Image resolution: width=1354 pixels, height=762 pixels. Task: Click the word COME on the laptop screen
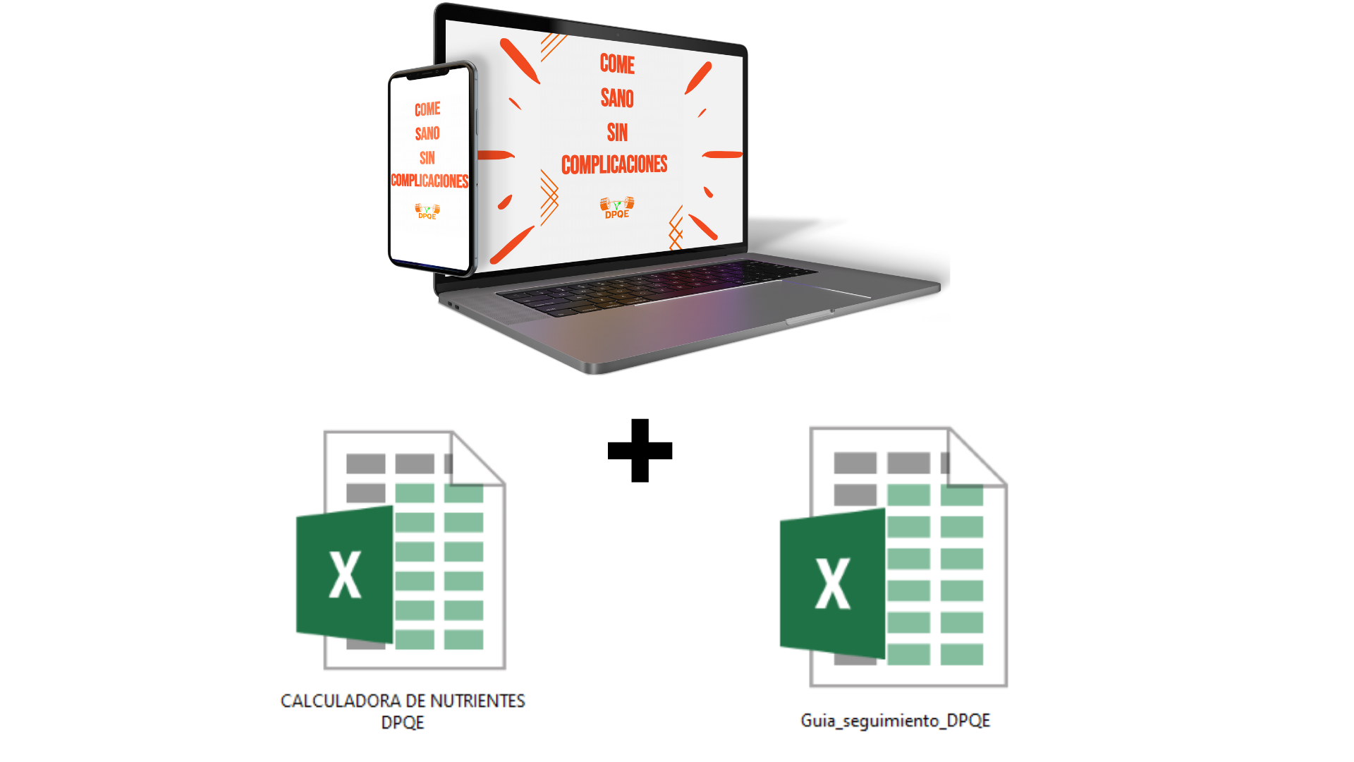pyautogui.click(x=617, y=64)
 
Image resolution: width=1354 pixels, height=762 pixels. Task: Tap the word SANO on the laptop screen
pyautogui.click(x=617, y=98)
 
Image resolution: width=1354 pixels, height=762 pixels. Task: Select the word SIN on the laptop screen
pyautogui.click(x=617, y=132)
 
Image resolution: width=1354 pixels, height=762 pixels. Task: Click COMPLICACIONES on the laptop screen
pyautogui.click(x=614, y=165)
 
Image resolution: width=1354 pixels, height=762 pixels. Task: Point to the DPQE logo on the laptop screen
pyautogui.click(x=617, y=207)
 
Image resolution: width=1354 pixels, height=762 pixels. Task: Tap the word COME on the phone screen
pyautogui.click(x=427, y=109)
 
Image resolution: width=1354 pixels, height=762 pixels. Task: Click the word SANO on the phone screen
pyautogui.click(x=427, y=133)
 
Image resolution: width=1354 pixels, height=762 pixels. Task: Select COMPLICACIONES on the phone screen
pyautogui.click(x=429, y=181)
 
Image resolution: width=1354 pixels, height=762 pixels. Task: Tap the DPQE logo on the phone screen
pyautogui.click(x=427, y=211)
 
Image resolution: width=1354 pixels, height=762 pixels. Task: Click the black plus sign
pyautogui.click(x=640, y=450)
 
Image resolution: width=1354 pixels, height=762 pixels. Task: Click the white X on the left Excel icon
pyautogui.click(x=345, y=575)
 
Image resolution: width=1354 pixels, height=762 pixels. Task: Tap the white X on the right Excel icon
pyautogui.click(x=832, y=583)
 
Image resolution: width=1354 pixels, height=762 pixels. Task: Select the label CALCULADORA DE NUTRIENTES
pyautogui.click(x=403, y=701)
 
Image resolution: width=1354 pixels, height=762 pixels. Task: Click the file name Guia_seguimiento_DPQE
pyautogui.click(x=895, y=720)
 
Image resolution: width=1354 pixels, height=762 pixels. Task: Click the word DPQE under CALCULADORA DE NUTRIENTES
pyautogui.click(x=403, y=722)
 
